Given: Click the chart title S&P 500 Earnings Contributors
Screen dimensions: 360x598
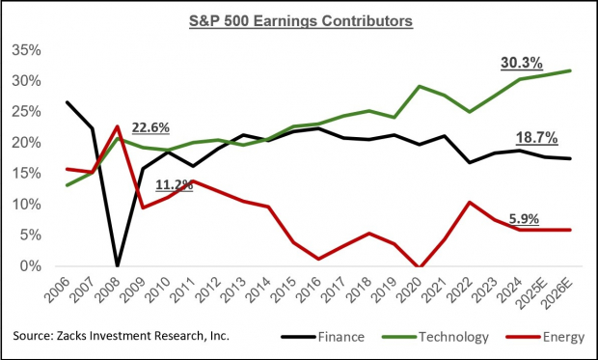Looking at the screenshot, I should click(x=298, y=19).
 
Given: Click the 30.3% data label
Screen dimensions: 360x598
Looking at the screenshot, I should click(x=521, y=64).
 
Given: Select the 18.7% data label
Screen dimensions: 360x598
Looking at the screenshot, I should click(x=521, y=136).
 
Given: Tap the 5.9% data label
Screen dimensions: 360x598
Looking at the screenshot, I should click(x=521, y=218).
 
